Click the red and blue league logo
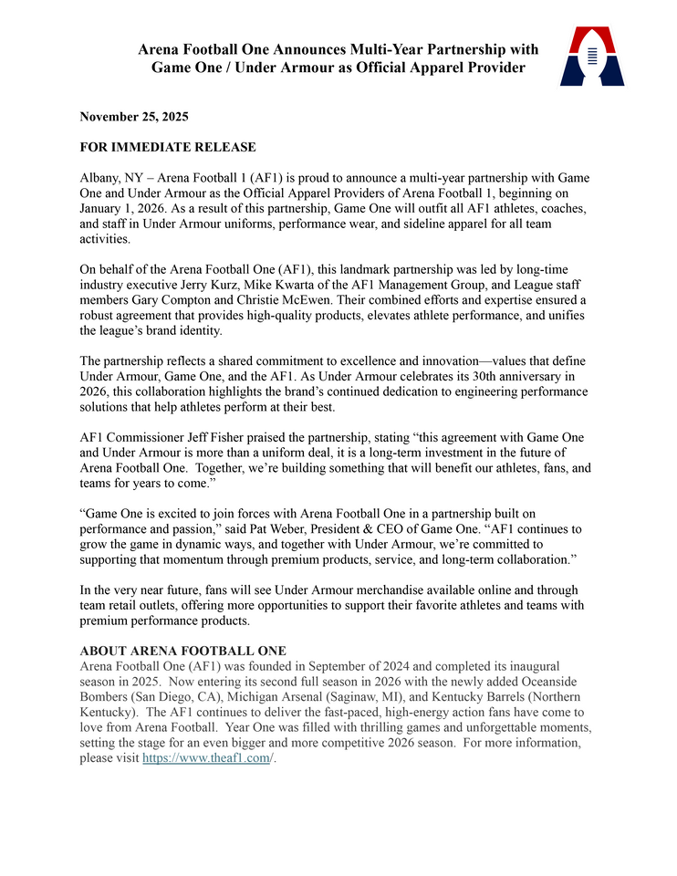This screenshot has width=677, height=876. (x=592, y=57)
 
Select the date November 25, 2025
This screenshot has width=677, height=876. (x=133, y=117)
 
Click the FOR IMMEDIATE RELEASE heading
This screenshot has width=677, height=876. (x=168, y=147)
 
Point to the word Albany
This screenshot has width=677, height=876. (x=99, y=177)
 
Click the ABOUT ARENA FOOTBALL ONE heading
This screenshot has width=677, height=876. (x=183, y=651)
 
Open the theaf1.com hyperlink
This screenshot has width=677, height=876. (x=206, y=758)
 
